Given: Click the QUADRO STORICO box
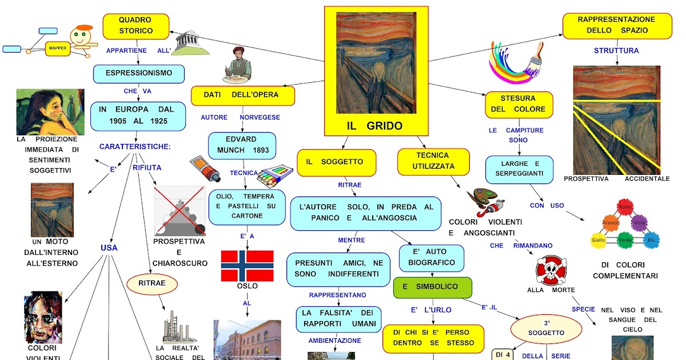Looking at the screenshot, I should point(135,26).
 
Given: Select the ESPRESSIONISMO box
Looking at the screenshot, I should point(139,74).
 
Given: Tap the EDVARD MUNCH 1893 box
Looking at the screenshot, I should point(241,145).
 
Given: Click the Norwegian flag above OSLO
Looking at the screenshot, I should point(247,266).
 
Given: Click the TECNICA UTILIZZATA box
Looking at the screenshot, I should point(433,161).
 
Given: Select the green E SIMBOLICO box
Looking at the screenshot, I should point(433,287).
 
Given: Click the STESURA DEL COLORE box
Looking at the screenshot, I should point(519,105).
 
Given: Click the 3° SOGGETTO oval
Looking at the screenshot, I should point(546,329).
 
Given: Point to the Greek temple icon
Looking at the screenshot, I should point(188,43).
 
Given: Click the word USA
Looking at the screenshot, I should point(109,248).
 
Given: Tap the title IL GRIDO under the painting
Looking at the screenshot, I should point(374,126).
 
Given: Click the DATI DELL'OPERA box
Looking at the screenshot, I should point(243,95).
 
